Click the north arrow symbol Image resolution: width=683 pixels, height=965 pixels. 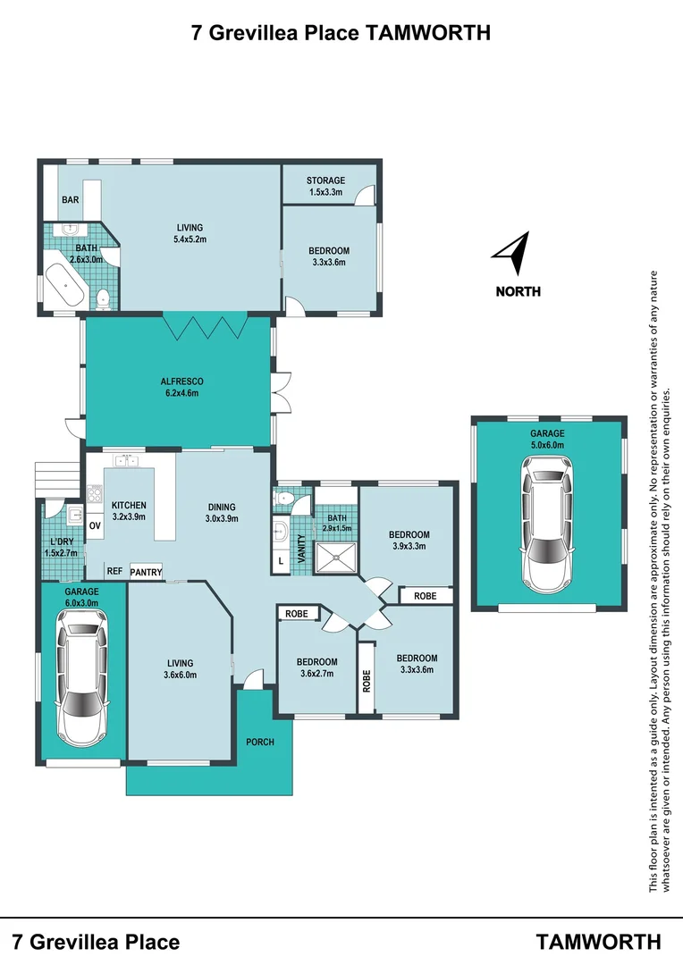pos(512,254)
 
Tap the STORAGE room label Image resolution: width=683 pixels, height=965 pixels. pos(325,180)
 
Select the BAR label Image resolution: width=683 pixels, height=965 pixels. pos(70,199)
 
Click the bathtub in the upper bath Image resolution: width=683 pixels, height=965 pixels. pos(66,285)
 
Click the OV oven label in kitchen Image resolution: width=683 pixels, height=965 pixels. pos(94,526)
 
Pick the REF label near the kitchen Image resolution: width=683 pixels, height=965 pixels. pos(114,571)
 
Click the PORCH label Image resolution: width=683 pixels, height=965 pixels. pos(260,742)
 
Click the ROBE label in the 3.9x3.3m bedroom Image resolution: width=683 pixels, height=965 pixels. pos(426,595)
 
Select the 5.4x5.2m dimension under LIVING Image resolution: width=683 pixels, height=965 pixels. pos(190,239)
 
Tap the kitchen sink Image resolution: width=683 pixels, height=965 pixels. pos(124,461)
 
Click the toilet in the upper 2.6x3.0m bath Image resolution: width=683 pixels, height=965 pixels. pos(104,298)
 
